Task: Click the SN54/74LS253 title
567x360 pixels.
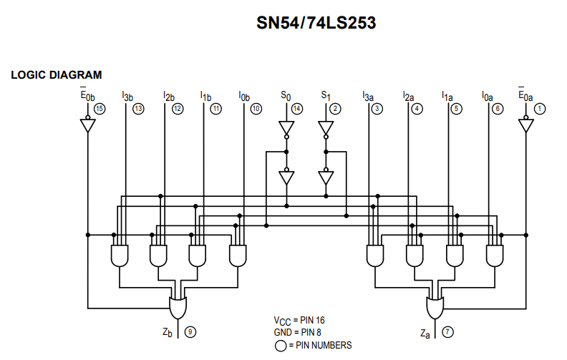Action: tap(316, 24)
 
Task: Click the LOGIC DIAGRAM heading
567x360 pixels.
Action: tap(57, 74)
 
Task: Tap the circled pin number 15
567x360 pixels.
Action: tap(100, 109)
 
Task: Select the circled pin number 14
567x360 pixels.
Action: tap(297, 109)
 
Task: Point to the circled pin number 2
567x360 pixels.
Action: tap(336, 109)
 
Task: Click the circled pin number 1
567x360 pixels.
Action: tap(540, 109)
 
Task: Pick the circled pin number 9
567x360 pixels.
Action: tap(190, 331)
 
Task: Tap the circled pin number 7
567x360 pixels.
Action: tap(447, 331)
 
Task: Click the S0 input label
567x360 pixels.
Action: tap(286, 95)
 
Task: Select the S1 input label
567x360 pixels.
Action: tap(326, 95)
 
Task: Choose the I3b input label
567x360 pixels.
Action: tap(127, 96)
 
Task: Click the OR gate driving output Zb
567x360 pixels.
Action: tap(178, 306)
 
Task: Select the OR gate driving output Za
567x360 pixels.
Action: tap(435, 306)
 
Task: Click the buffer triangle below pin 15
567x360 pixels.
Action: tap(87, 126)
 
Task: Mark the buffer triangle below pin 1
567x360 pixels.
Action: tap(526, 126)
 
